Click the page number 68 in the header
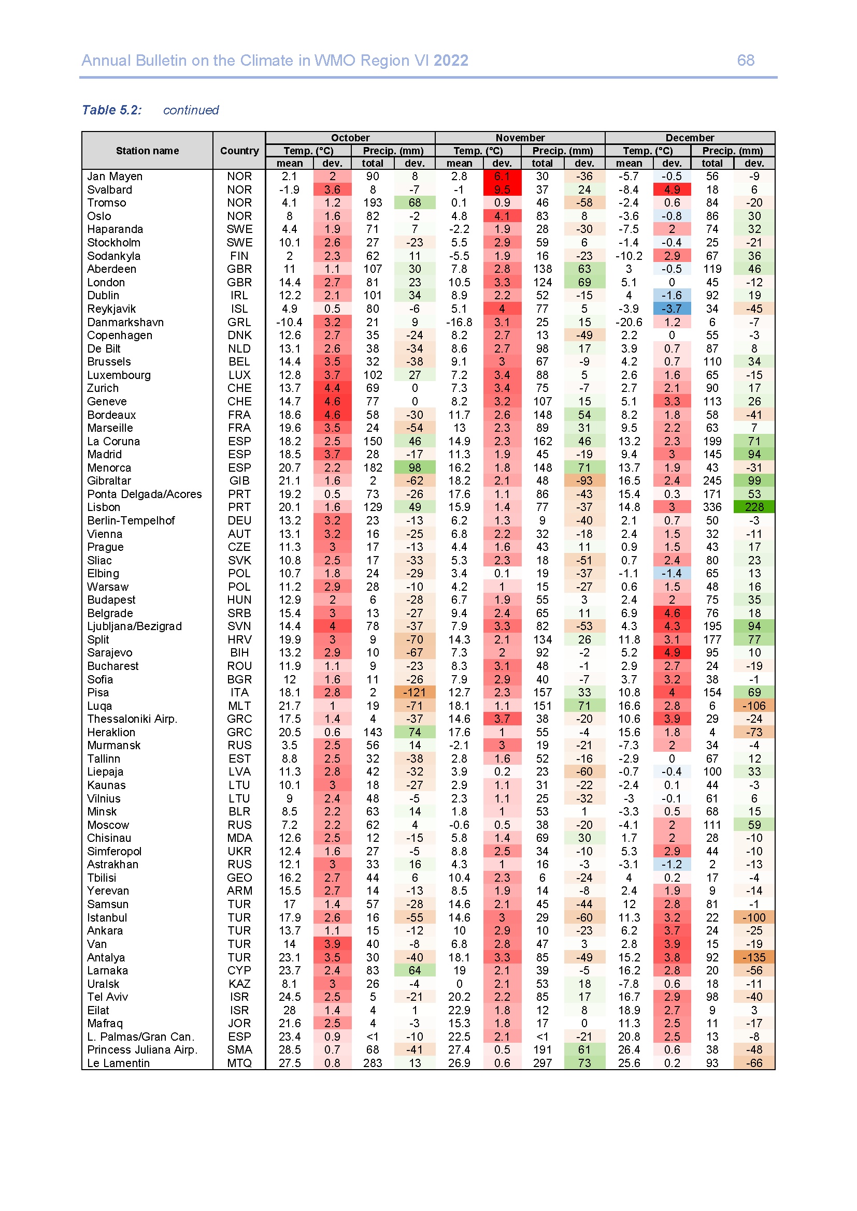745,61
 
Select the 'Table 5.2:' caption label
111,110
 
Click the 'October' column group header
350,138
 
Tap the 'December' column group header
689,138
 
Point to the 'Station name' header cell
147,151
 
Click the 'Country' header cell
239,151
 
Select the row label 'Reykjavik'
111,309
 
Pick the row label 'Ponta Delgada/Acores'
144,494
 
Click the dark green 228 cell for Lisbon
753,507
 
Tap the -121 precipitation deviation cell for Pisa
415,693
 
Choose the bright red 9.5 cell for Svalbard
502,190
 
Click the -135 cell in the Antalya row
753,957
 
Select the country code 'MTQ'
239,1063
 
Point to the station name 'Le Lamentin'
118,1063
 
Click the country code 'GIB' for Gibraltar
239,481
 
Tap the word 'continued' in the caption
191,110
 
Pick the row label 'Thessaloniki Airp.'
132,719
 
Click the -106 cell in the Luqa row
753,706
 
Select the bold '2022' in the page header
451,61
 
